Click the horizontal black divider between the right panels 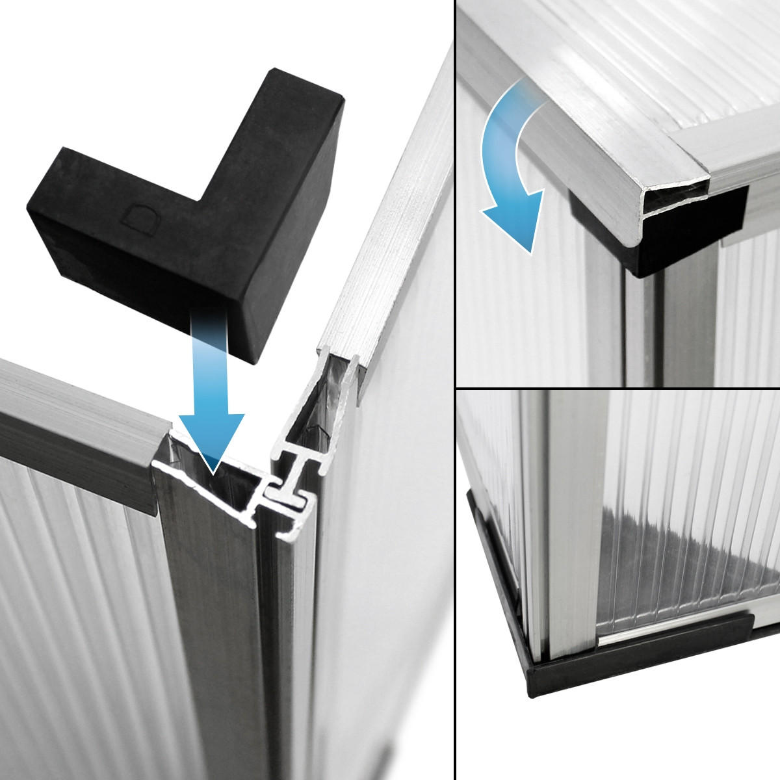[617, 389]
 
